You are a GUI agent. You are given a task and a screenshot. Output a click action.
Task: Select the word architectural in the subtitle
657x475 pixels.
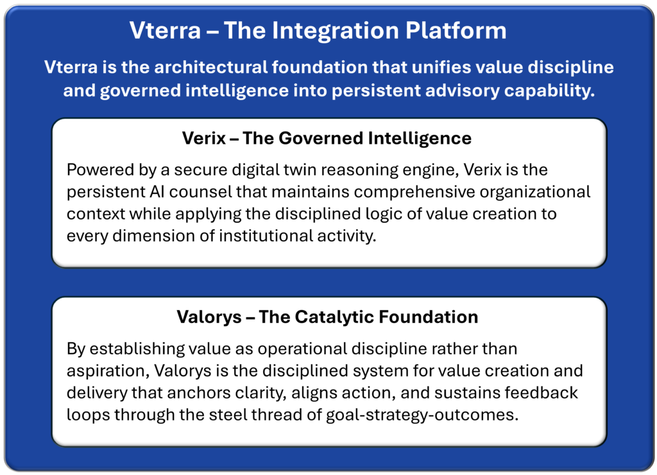click(x=210, y=67)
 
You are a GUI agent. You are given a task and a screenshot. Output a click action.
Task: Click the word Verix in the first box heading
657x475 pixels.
click(x=204, y=139)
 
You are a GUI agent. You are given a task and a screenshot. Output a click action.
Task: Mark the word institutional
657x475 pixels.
click(x=266, y=236)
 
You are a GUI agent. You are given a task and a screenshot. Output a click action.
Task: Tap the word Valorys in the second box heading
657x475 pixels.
click(x=209, y=317)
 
